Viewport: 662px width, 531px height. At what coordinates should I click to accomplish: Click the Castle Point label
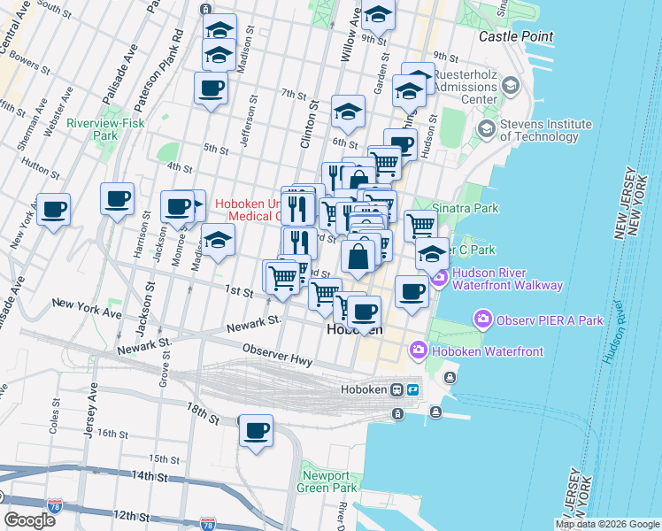(x=516, y=36)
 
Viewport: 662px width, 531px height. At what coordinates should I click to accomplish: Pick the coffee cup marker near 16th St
(x=257, y=430)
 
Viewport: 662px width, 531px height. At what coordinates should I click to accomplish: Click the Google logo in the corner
(x=29, y=520)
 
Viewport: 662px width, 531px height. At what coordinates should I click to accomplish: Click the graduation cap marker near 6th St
(x=349, y=112)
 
